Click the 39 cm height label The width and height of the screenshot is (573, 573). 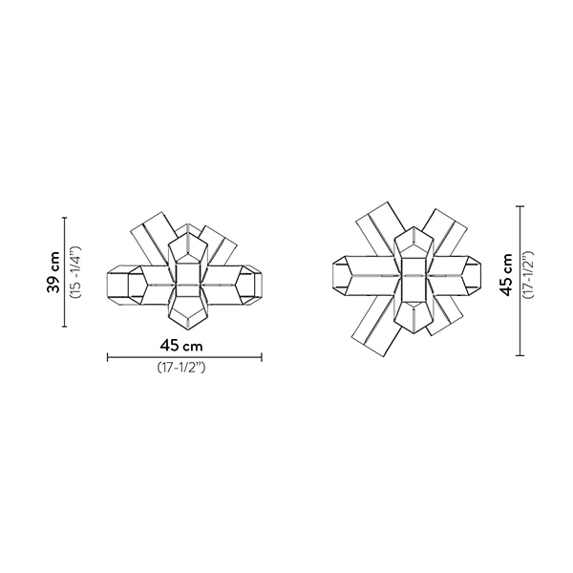pyautogui.click(x=53, y=272)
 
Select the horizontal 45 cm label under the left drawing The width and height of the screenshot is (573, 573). pyautogui.click(x=181, y=346)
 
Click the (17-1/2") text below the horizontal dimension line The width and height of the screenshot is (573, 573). pyautogui.click(x=181, y=368)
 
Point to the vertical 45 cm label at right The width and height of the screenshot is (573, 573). pyautogui.click(x=506, y=275)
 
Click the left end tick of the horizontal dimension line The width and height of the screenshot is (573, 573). pyautogui.click(x=107, y=357)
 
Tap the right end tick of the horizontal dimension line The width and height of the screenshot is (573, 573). pyautogui.click(x=262, y=357)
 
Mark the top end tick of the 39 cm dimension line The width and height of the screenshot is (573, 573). pyautogui.click(x=65, y=218)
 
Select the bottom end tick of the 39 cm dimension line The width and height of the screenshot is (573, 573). pyautogui.click(x=65, y=327)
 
